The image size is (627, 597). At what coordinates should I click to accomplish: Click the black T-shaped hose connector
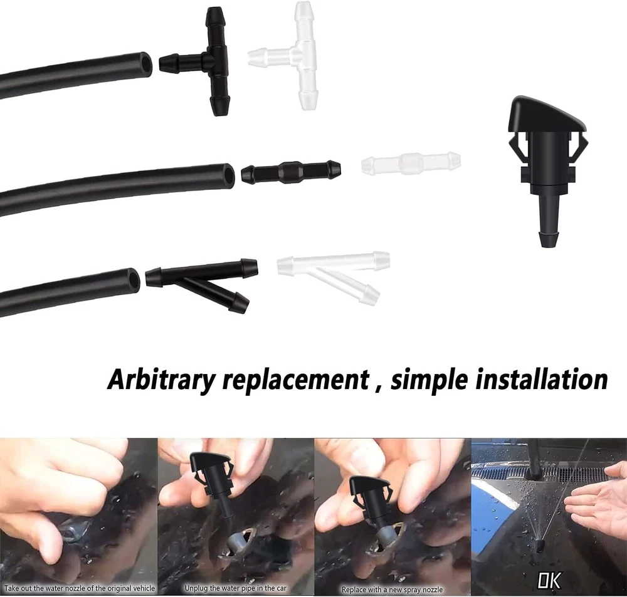(216, 61)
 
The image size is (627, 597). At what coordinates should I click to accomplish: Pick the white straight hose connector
(411, 163)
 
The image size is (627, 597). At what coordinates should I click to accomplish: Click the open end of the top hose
(147, 63)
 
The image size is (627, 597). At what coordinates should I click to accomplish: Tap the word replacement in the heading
(295, 380)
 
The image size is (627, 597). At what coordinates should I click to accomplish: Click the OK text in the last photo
(549, 580)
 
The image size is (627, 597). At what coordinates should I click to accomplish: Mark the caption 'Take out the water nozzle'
(80, 588)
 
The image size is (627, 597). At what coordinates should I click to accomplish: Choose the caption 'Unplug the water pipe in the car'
(236, 588)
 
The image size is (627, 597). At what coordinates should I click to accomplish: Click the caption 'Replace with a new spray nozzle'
(392, 589)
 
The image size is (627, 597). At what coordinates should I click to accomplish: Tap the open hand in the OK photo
(596, 494)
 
